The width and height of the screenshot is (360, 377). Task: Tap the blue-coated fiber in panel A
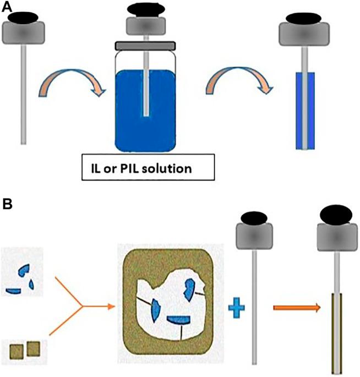pyautogui.click(x=304, y=110)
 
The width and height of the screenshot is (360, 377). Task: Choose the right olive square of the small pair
pyautogui.click(x=34, y=348)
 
